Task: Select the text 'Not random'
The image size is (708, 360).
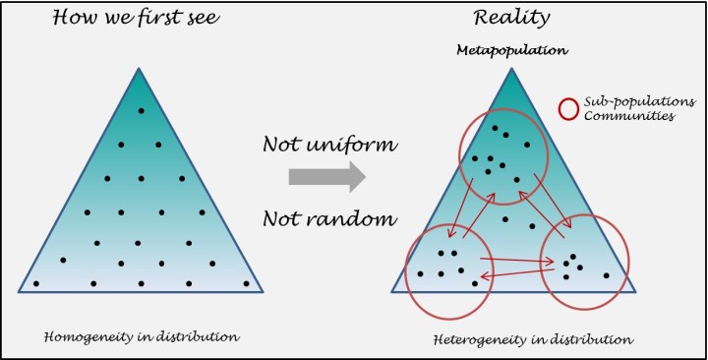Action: click(328, 216)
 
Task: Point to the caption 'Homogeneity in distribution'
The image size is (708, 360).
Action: click(142, 337)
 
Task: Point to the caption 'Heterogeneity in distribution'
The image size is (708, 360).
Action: click(532, 339)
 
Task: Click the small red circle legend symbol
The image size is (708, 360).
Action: click(568, 108)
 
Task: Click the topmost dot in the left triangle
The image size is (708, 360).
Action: click(141, 109)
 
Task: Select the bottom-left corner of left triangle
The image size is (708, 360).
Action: click(20, 292)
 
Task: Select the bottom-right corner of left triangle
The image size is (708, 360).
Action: click(264, 292)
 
